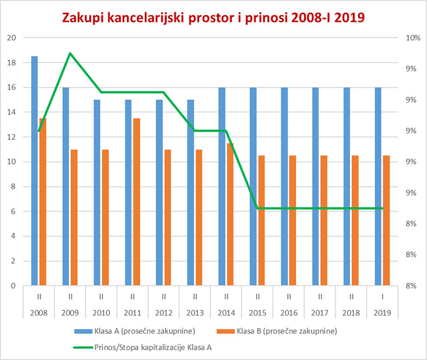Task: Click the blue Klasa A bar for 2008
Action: point(34,171)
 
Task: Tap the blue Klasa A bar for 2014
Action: point(222,186)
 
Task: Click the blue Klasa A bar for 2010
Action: point(97,193)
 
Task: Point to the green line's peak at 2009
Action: point(70,53)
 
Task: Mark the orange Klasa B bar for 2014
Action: point(231,214)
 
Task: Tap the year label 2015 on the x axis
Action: point(257,311)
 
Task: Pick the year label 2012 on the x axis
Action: point(163,311)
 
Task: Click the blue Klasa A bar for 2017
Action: point(315,186)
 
